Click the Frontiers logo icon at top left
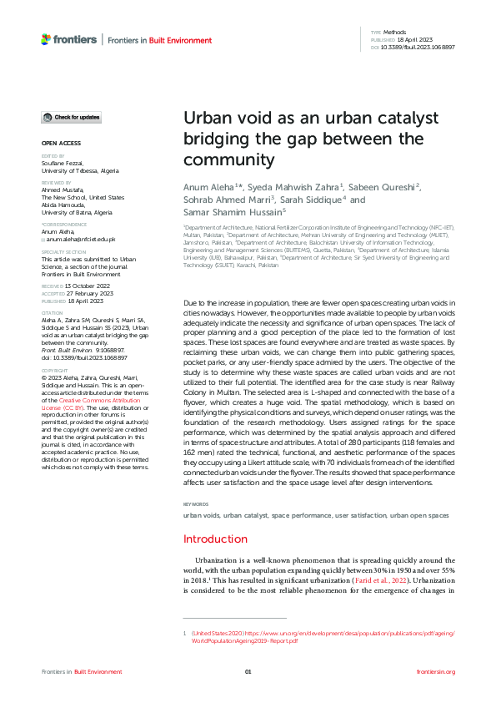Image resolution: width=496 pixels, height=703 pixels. (46, 39)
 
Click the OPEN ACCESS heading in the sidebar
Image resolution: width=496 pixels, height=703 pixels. (61, 144)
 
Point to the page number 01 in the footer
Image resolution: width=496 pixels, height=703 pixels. (248, 672)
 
